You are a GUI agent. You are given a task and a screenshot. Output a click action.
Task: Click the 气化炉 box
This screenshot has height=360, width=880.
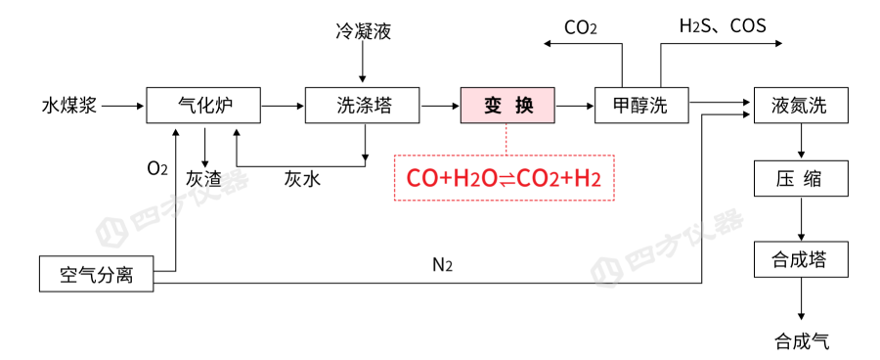[x=203, y=105]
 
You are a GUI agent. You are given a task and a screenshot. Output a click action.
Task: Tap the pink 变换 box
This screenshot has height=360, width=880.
[x=507, y=105]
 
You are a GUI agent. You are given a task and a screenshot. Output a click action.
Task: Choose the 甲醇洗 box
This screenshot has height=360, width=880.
[x=640, y=105]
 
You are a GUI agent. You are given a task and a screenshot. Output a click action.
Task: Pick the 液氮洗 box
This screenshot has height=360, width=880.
[x=800, y=105]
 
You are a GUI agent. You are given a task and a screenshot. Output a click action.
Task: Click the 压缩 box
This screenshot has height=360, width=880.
[x=800, y=179]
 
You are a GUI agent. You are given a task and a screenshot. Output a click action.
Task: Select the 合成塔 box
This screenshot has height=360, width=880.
[x=800, y=259]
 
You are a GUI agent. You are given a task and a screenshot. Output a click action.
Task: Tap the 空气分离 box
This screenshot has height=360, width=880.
[x=97, y=274]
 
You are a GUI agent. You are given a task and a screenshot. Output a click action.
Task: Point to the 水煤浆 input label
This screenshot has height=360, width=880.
[x=69, y=106]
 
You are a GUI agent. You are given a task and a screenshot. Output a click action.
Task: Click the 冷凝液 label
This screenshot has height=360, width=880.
[x=363, y=32]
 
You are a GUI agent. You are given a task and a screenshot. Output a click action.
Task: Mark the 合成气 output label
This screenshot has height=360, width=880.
[x=802, y=340]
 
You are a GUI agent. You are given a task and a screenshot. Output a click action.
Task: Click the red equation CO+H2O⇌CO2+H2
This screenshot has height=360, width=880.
[x=504, y=178]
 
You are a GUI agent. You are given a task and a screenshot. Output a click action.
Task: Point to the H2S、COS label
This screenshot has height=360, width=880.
[x=723, y=25]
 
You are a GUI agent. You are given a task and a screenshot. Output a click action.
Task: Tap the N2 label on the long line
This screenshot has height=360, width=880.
[x=442, y=264]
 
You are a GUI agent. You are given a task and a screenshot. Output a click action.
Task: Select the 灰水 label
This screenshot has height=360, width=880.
[x=302, y=179]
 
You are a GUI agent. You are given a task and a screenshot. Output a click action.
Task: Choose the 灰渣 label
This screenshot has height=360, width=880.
[x=203, y=179]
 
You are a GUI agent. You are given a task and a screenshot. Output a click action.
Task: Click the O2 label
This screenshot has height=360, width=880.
[x=157, y=167]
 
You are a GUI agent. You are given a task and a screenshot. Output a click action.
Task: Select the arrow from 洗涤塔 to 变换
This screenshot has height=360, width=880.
[x=438, y=105]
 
